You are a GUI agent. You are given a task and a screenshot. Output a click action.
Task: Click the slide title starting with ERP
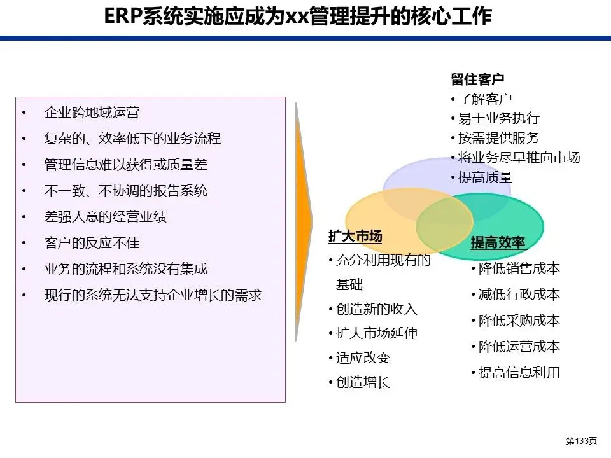point(297,17)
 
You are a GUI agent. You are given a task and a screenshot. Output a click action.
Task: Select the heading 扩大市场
point(355,237)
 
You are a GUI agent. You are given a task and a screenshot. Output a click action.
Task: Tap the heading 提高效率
point(498,242)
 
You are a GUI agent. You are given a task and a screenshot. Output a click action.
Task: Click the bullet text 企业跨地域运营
point(92,113)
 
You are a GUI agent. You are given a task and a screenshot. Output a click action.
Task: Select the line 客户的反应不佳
point(92,243)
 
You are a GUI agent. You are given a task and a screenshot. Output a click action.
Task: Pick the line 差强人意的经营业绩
point(106,217)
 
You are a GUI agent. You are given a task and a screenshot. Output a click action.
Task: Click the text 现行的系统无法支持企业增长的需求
point(153,295)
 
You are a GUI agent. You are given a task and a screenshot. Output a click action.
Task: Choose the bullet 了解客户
point(484,99)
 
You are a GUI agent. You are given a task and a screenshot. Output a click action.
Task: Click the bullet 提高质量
point(484,177)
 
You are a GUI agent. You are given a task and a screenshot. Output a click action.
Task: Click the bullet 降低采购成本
point(519,321)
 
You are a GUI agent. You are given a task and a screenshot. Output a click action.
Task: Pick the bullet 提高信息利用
point(519,373)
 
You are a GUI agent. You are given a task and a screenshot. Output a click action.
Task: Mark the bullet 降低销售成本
point(519,268)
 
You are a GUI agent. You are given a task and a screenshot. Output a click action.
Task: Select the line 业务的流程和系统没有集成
point(126,269)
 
